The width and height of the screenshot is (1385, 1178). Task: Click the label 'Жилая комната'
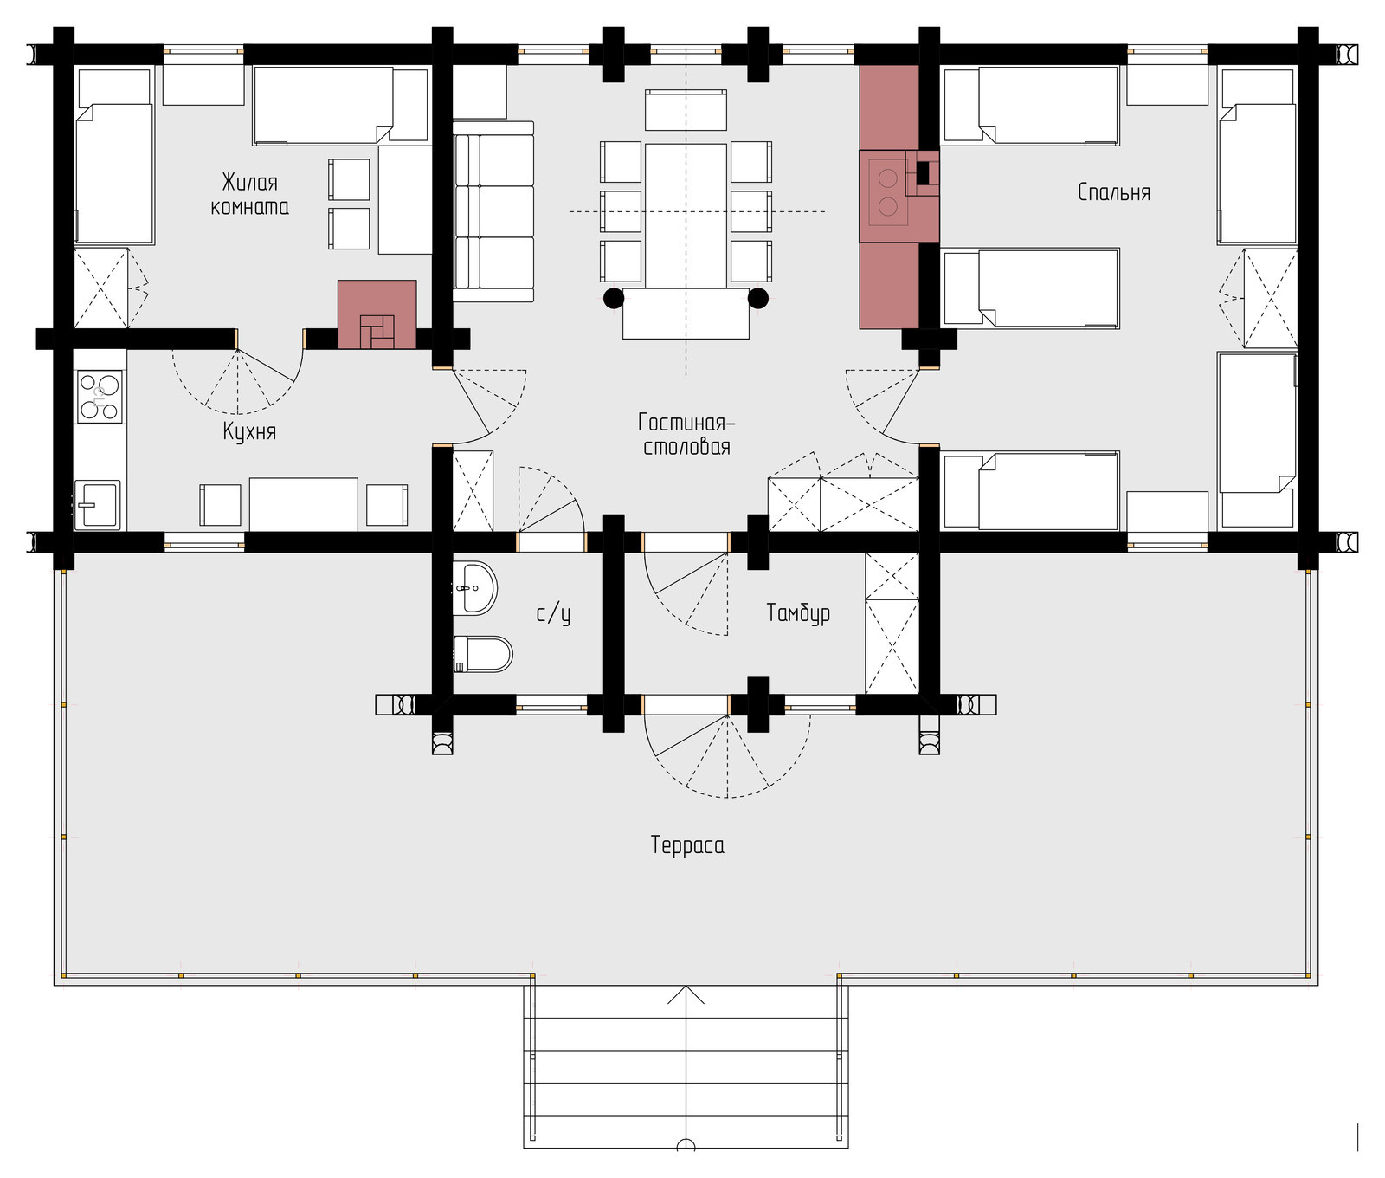pos(249,194)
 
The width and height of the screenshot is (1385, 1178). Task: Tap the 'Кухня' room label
pos(249,431)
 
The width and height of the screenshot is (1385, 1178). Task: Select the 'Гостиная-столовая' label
pos(686,434)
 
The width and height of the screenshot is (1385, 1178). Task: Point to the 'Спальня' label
pos(1114,191)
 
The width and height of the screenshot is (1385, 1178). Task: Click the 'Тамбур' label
pos(798,613)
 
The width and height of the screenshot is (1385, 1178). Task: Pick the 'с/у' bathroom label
pos(553,613)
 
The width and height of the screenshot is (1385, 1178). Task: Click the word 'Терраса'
pos(687,845)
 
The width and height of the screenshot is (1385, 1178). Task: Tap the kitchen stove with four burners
pos(99,396)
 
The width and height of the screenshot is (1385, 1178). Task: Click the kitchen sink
pos(97,504)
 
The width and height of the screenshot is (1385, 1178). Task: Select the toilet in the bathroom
pos(482,654)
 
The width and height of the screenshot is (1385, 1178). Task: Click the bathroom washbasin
pos(474,588)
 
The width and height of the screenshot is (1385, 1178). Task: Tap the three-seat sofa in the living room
pos(493,211)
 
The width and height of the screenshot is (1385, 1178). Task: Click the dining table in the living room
pos(686,216)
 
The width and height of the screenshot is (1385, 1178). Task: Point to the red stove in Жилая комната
pos(377,314)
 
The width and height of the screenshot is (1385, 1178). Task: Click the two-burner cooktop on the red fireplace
pos(887,192)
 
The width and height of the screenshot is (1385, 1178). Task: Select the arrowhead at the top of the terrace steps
pos(686,994)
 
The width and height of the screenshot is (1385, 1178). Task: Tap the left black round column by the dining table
pos(613,298)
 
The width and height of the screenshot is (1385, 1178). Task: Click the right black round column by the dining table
pos(758,298)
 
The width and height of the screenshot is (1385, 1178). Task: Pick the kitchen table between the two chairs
pos(304,504)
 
